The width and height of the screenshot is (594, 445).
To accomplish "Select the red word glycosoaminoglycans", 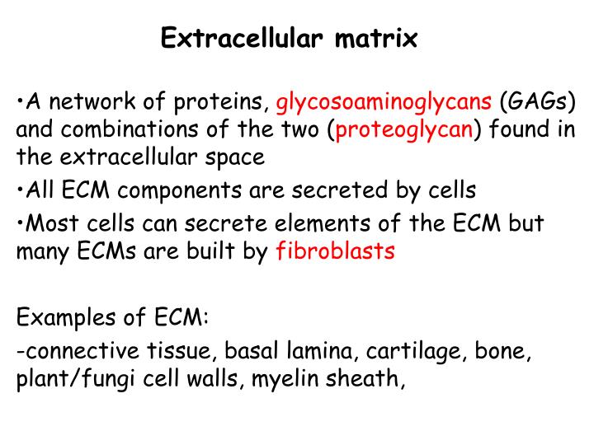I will [384, 105].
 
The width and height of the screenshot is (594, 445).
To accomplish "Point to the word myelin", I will [296, 380].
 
